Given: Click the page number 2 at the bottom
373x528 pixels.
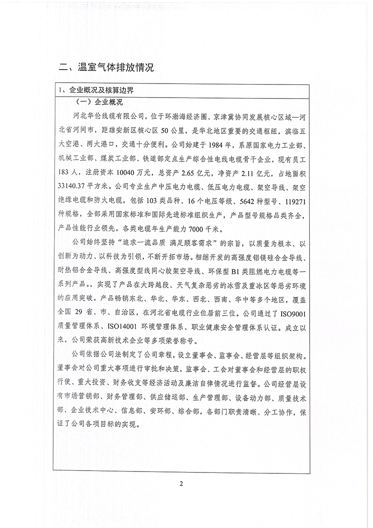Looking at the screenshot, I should [x=186, y=483].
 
